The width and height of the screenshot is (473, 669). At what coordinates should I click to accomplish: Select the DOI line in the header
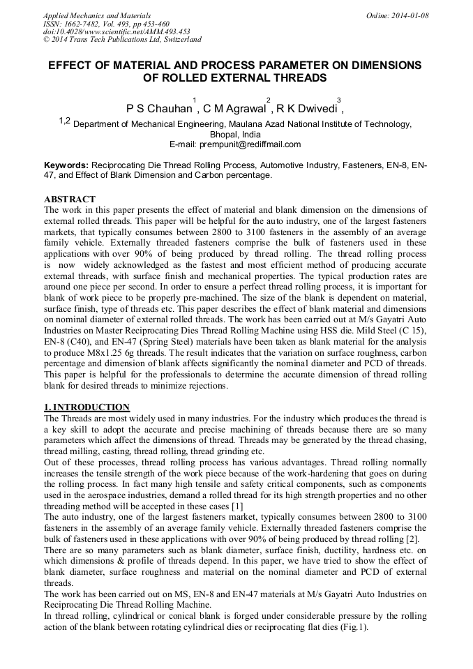(117, 31)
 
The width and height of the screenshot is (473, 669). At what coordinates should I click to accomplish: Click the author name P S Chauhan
(158, 109)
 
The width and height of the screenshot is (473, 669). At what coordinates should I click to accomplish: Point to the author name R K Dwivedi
(306, 109)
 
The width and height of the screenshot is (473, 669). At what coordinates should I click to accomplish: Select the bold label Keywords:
(66, 165)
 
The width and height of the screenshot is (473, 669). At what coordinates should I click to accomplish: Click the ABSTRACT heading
(70, 200)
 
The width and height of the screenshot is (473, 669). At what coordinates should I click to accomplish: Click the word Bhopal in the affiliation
(225, 135)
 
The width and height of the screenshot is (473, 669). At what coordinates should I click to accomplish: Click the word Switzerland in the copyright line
(182, 40)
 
